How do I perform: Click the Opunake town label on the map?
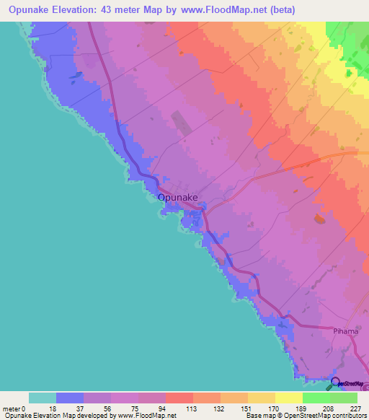point(178,197)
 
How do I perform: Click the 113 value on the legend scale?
point(193,408)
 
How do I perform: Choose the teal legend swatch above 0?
point(43,398)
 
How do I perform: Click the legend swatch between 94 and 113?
point(179,398)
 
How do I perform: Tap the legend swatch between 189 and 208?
point(316,398)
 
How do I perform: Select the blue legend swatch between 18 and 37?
point(70,398)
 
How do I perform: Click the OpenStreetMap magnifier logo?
point(336,382)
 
